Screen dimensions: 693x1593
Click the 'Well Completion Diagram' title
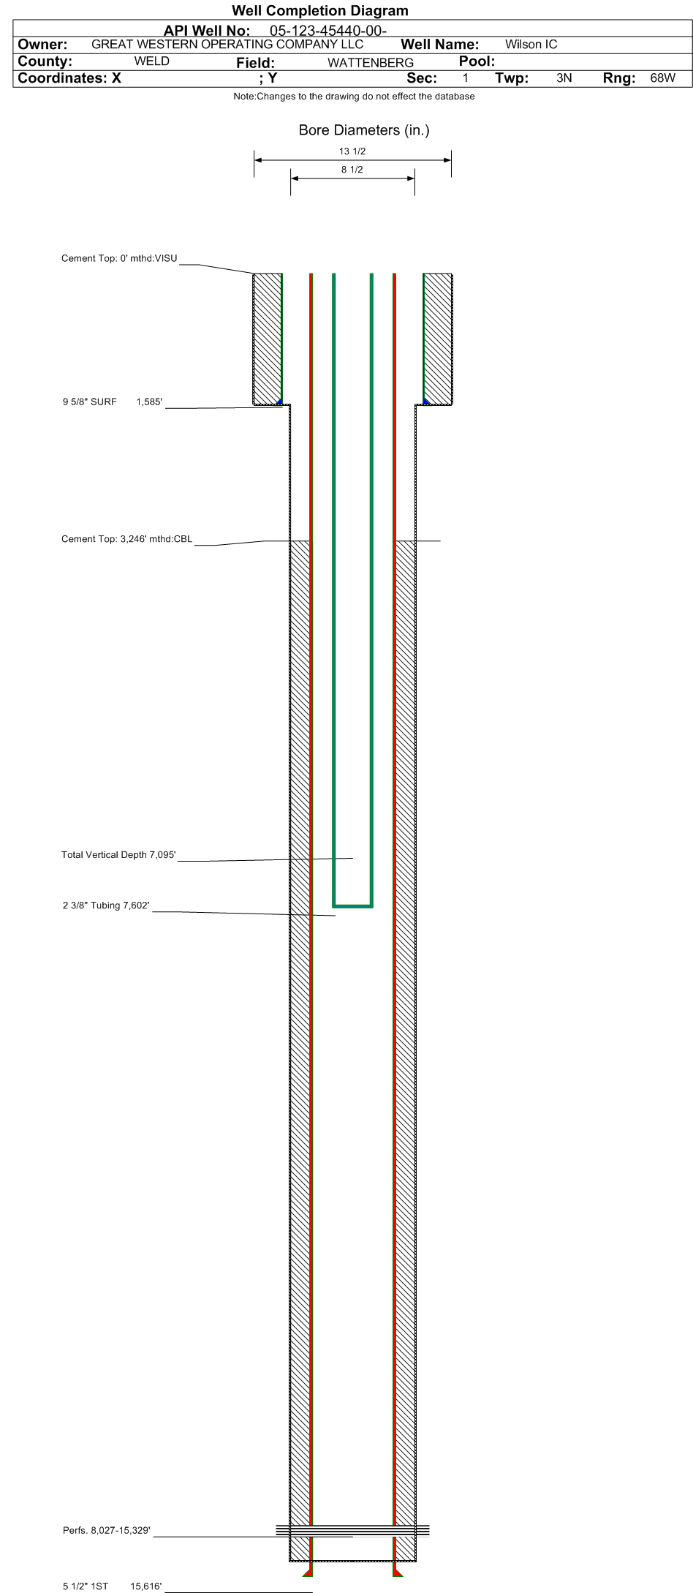(x=320, y=10)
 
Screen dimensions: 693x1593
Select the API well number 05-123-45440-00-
(x=328, y=31)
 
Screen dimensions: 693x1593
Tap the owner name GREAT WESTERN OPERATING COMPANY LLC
(x=227, y=44)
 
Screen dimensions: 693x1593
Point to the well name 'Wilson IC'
(x=531, y=44)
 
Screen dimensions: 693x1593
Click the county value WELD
(x=152, y=61)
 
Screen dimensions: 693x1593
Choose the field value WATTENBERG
(x=371, y=63)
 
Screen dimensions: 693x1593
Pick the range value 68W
(x=663, y=78)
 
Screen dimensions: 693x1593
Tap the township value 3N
(x=564, y=78)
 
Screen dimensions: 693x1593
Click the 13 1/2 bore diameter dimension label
(x=352, y=151)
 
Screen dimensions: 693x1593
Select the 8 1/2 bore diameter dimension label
(x=352, y=170)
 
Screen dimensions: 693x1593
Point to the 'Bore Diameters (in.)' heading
(x=364, y=130)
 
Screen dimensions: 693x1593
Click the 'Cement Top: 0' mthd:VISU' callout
(x=119, y=258)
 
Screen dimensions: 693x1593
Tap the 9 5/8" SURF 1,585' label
(x=113, y=402)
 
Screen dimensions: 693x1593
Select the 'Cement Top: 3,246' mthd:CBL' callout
(x=127, y=539)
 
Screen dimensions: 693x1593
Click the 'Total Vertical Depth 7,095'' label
(x=118, y=855)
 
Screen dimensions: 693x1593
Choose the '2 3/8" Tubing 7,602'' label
(x=106, y=905)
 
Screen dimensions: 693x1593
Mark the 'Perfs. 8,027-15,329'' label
(x=107, y=1531)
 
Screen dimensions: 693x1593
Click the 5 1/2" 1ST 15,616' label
(x=113, y=1586)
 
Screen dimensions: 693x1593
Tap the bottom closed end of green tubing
(x=353, y=906)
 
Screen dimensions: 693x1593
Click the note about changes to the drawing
(x=354, y=97)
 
